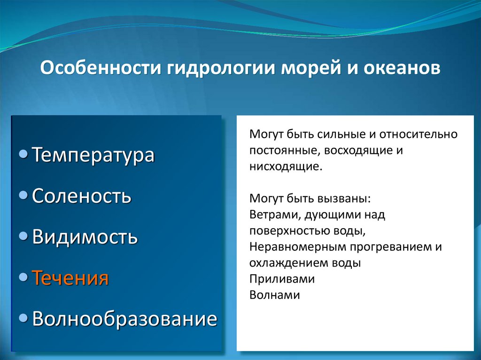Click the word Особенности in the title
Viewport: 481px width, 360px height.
click(101, 68)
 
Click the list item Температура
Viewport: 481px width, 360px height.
click(93, 155)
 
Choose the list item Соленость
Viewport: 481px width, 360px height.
click(82, 196)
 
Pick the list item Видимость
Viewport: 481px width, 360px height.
click(85, 237)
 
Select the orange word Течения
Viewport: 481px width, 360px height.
click(70, 277)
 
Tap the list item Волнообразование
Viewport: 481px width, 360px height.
click(124, 319)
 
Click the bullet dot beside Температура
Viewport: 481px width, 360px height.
click(23, 154)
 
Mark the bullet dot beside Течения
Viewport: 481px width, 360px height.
click(23, 277)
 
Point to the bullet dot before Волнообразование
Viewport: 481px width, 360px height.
click(23, 318)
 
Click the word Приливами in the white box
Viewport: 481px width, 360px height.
click(282, 279)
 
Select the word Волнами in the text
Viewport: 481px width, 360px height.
click(274, 295)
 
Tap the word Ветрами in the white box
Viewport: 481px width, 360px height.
click(274, 215)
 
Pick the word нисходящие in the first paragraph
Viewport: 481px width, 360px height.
click(286, 167)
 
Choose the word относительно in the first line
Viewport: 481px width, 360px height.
click(419, 134)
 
